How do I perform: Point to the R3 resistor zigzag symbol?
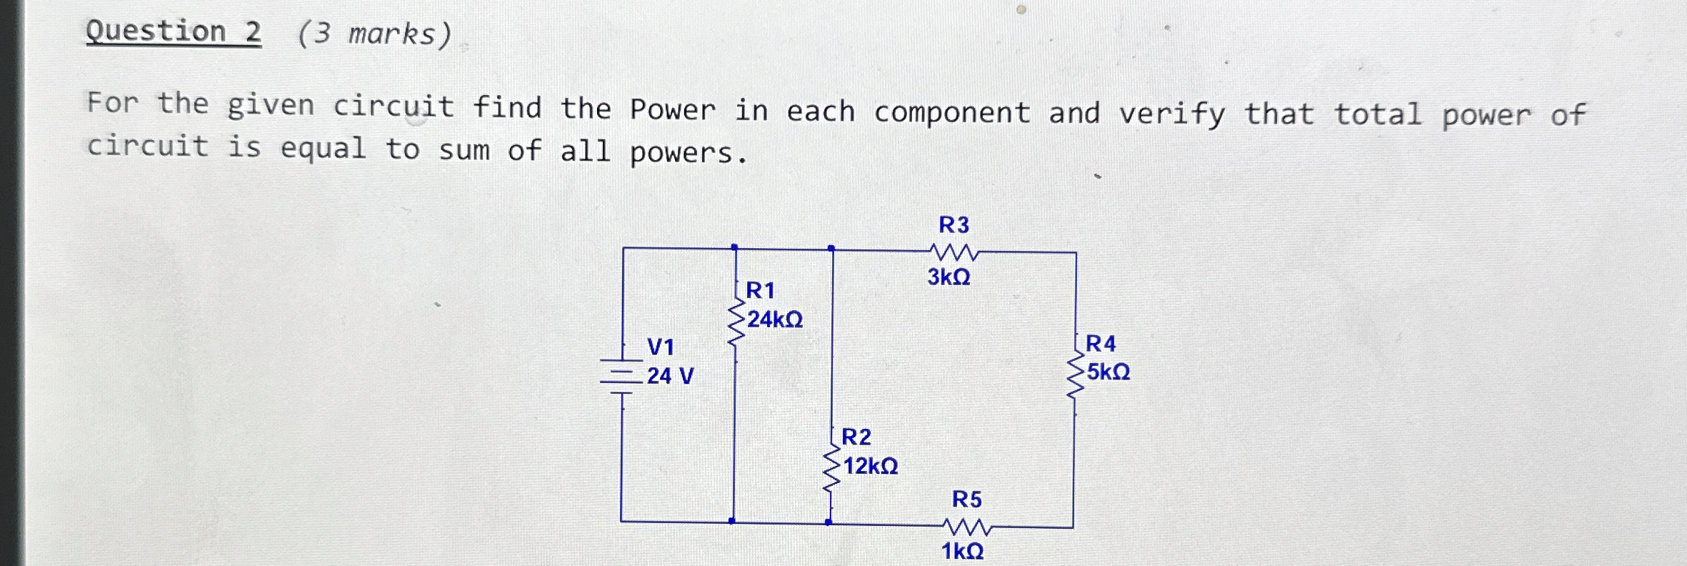[954, 252]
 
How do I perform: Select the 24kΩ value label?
[775, 319]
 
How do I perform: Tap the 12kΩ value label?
[871, 467]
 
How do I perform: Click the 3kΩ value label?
[948, 277]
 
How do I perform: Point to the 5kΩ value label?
[1108, 372]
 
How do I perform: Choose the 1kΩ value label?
[962, 552]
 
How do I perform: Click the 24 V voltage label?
[670, 376]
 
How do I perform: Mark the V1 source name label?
[661, 347]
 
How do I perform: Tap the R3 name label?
[953, 225]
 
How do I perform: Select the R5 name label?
[966, 499]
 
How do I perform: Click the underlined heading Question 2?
[174, 32]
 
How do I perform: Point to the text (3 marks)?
[374, 34]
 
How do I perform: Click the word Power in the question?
[672, 109]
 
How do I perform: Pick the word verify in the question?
[1171, 114]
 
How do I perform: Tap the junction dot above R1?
[734, 247]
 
